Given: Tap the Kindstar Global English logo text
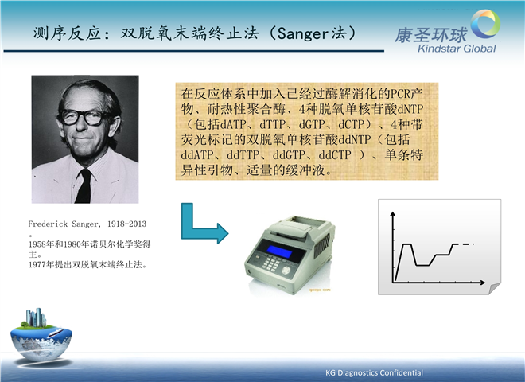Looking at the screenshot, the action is (x=457, y=49).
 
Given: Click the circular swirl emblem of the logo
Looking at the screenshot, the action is (x=485, y=23).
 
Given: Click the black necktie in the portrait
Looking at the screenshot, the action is (x=84, y=185).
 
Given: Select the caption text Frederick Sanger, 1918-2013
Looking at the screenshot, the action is (x=87, y=224).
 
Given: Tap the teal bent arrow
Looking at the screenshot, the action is (x=202, y=225).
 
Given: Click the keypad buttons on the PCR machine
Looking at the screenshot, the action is (x=270, y=263).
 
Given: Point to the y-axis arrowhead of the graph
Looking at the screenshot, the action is (x=393, y=213).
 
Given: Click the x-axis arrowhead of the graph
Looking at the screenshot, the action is (x=483, y=283).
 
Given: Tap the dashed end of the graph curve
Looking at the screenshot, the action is (x=468, y=244).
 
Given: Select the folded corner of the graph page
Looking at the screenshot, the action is (x=495, y=289).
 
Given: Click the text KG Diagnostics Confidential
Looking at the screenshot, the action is (x=374, y=372).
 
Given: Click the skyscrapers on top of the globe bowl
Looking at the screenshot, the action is (x=36, y=317).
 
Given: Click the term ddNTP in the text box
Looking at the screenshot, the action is (x=355, y=140).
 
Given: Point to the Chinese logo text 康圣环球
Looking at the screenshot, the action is (x=431, y=35).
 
